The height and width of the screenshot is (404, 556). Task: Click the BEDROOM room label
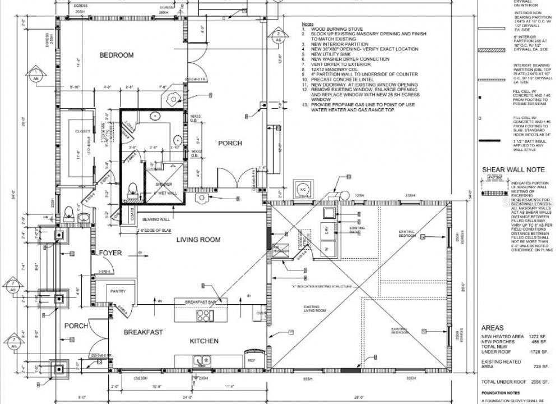117,55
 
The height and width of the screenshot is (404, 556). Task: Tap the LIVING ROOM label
198,240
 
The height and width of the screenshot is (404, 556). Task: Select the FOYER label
110,253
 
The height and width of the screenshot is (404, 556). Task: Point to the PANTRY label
118,291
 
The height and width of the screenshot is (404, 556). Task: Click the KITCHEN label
204,341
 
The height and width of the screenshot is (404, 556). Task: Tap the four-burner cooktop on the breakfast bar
205,315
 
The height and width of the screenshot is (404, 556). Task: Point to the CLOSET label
83,131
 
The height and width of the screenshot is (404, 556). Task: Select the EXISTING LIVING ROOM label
314,309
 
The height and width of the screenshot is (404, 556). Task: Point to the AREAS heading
493,328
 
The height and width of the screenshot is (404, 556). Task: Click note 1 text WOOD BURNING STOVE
336,29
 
